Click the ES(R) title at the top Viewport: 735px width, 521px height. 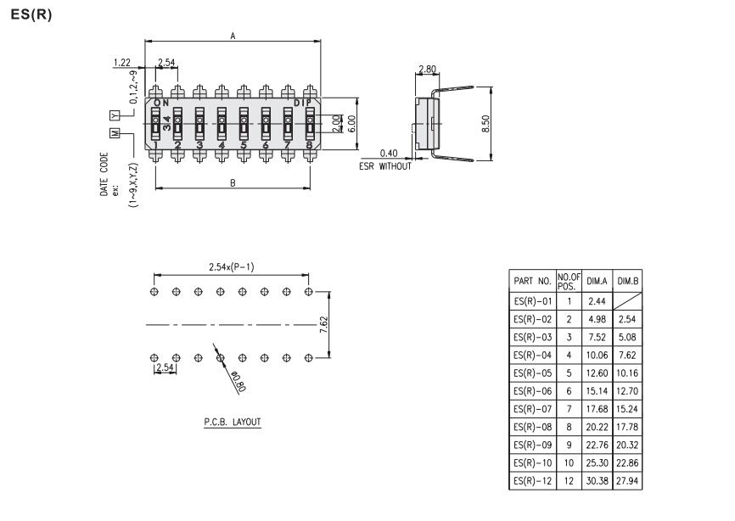click(31, 16)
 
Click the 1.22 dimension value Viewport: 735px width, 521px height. click(121, 63)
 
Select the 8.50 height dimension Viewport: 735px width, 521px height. click(485, 124)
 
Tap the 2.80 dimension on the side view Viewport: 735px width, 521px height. click(427, 67)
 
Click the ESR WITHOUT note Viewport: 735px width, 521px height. click(384, 166)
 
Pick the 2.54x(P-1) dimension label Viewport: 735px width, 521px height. click(231, 267)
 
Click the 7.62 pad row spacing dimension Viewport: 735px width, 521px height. click(325, 324)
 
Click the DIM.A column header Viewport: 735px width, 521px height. click(596, 281)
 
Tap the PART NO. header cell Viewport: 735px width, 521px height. click(533, 281)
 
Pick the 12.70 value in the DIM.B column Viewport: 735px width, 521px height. click(627, 393)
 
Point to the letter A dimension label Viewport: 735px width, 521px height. click(233, 36)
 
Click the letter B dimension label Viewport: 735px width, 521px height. click(233, 183)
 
